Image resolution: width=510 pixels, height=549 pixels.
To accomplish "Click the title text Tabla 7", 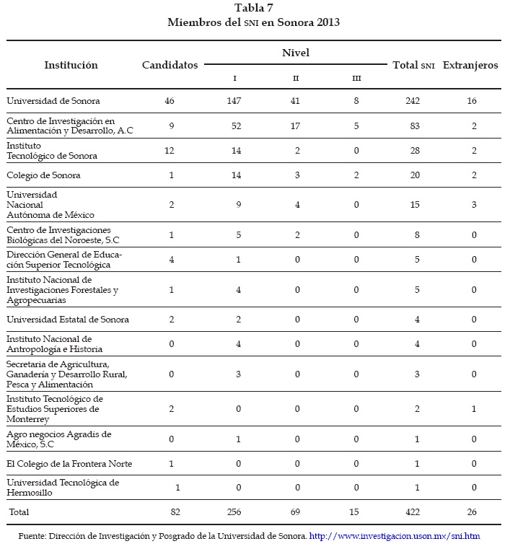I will pyautogui.click(x=253, y=8).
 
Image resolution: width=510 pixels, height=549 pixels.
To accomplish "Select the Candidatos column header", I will pyautogui.click(x=170, y=65).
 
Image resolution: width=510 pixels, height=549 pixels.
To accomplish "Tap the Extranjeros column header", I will pyautogui.click(x=470, y=65).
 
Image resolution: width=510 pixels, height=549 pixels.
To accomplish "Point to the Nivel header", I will pyautogui.click(x=296, y=53).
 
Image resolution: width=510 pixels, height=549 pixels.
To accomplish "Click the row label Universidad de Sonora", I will pyautogui.click(x=53, y=101).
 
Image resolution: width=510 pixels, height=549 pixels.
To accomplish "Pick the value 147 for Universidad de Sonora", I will pyautogui.click(x=234, y=101).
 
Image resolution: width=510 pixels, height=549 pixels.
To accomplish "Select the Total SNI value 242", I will pyautogui.click(x=413, y=101).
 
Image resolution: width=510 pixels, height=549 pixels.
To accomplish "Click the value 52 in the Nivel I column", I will pyautogui.click(x=234, y=126).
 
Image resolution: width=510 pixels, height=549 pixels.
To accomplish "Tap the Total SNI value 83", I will pyautogui.click(x=413, y=126).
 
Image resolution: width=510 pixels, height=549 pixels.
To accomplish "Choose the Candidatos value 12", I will pyautogui.click(x=170, y=150).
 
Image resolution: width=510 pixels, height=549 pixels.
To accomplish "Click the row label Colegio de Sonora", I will pyautogui.click(x=43, y=175).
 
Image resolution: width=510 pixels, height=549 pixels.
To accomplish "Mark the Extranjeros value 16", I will pyautogui.click(x=471, y=101).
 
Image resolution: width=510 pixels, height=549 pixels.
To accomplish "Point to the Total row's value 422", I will pyautogui.click(x=413, y=511).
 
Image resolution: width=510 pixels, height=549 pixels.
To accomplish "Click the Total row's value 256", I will pyautogui.click(x=234, y=511).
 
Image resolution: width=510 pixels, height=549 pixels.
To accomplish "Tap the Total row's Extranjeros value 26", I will pyautogui.click(x=471, y=511).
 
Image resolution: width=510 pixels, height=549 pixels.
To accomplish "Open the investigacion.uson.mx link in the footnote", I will pyautogui.click(x=395, y=536).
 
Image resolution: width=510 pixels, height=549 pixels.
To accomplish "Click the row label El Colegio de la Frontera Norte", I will pyautogui.click(x=69, y=463).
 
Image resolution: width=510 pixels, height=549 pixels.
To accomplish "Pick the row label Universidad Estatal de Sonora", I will pyautogui.click(x=58, y=320).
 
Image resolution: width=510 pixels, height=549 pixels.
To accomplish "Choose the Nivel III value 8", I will pyautogui.click(x=356, y=101).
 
